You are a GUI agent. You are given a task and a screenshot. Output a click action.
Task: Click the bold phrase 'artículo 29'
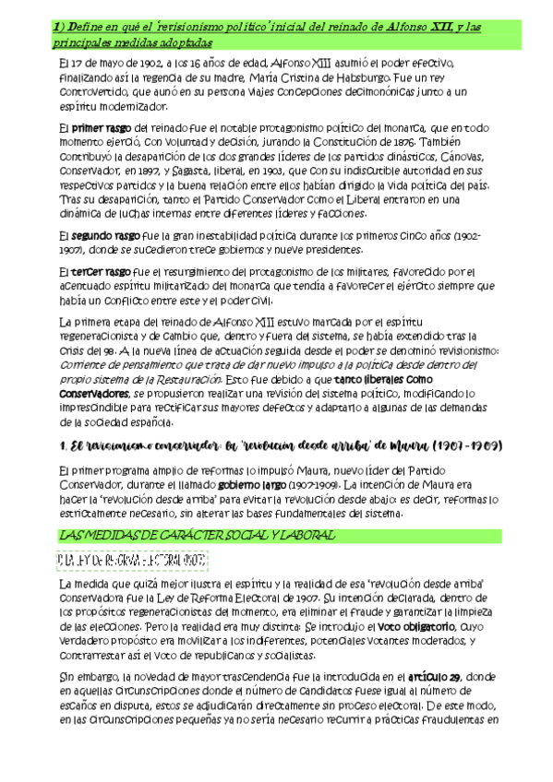[429, 676]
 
